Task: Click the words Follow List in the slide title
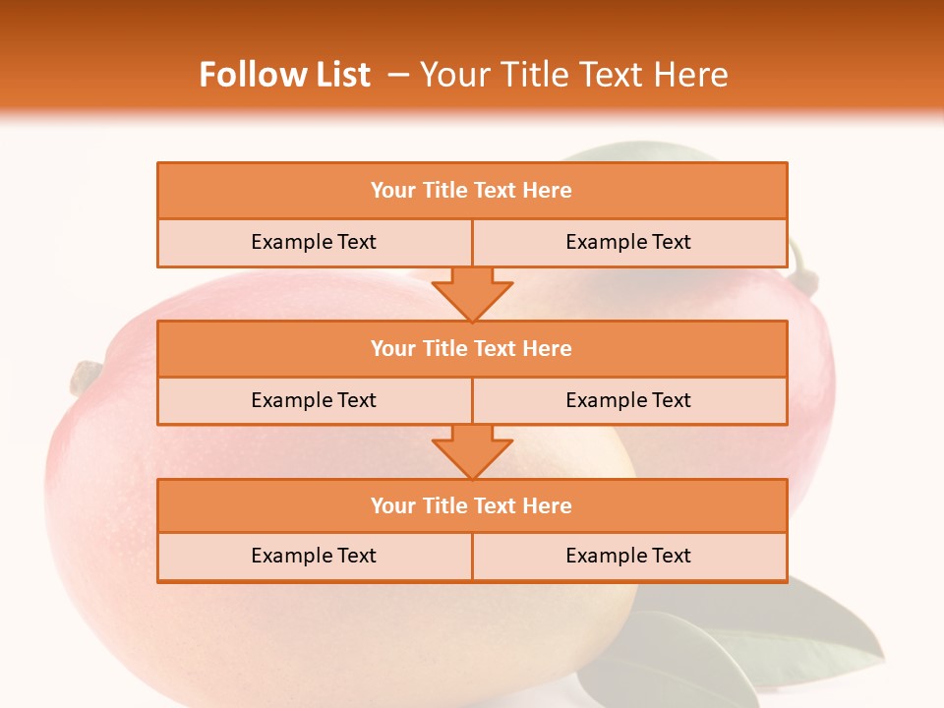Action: coord(284,75)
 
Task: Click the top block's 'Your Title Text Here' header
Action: coord(471,191)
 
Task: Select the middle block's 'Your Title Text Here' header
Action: coord(471,348)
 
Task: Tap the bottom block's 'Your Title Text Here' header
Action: coord(471,505)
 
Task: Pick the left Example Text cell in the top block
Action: coord(314,243)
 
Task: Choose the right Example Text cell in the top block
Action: coord(628,243)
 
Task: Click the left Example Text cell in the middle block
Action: coord(314,400)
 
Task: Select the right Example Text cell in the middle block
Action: coord(628,400)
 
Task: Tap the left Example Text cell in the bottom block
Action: coord(314,556)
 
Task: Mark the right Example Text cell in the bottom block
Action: coord(628,556)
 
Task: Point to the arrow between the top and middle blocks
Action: coord(472,294)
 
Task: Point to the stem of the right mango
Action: coord(804,274)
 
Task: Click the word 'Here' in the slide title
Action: coord(694,75)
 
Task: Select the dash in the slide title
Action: coord(398,75)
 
